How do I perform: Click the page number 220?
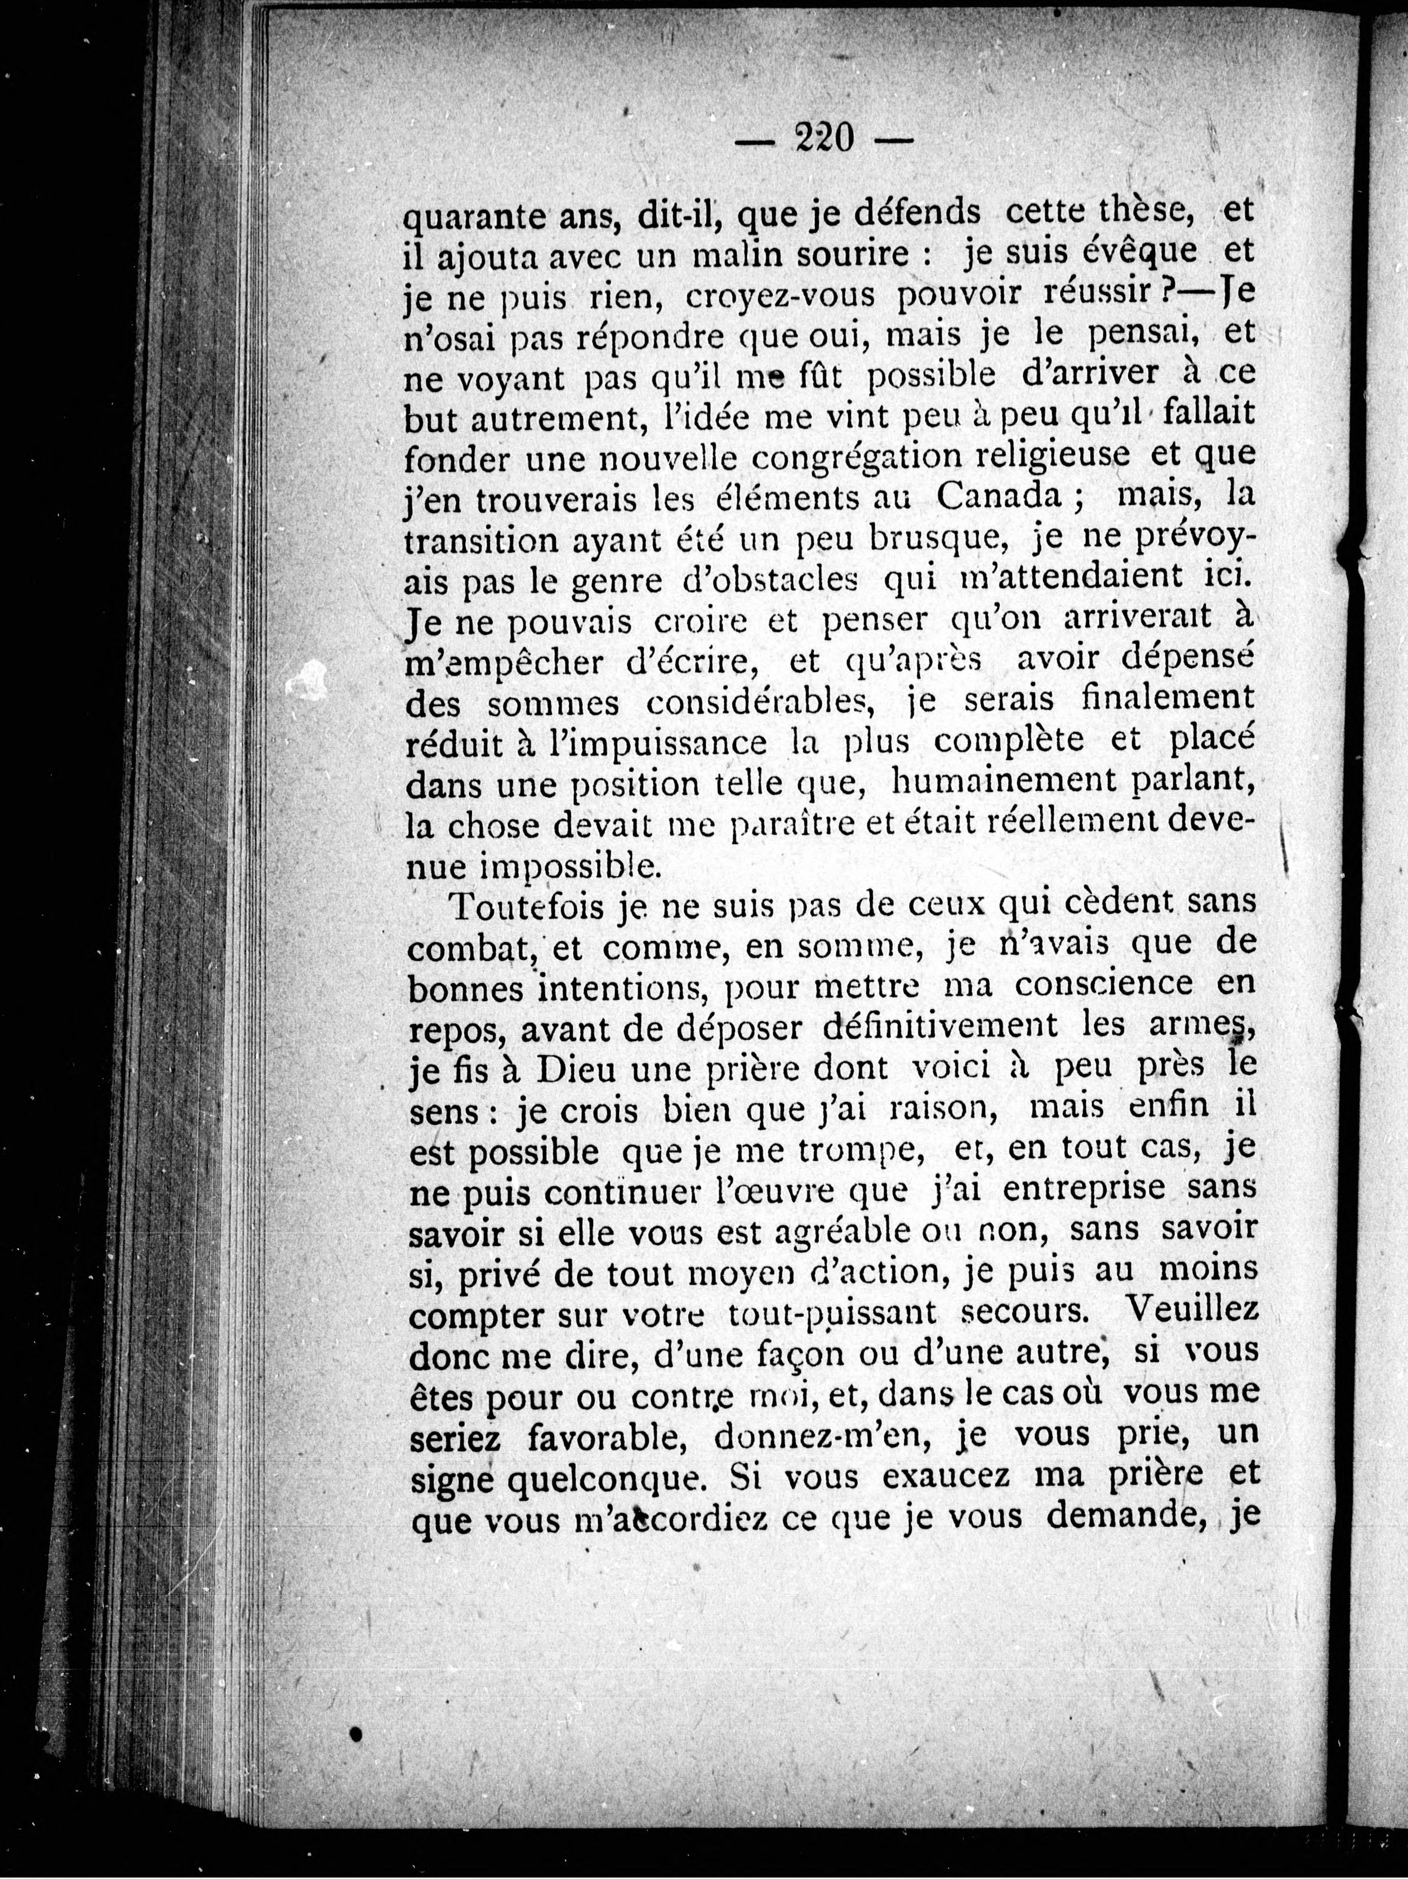tap(823, 137)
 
